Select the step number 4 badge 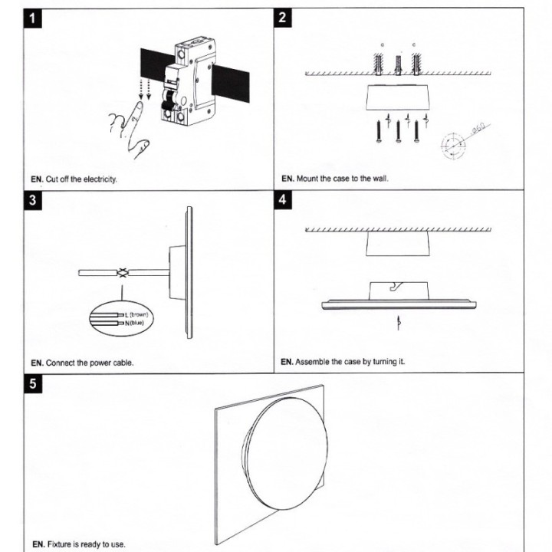tap(284, 201)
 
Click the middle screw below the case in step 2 tap(398, 132)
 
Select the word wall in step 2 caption tap(379, 179)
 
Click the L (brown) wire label tap(135, 315)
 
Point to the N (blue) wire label tap(133, 324)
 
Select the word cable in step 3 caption tap(122, 363)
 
